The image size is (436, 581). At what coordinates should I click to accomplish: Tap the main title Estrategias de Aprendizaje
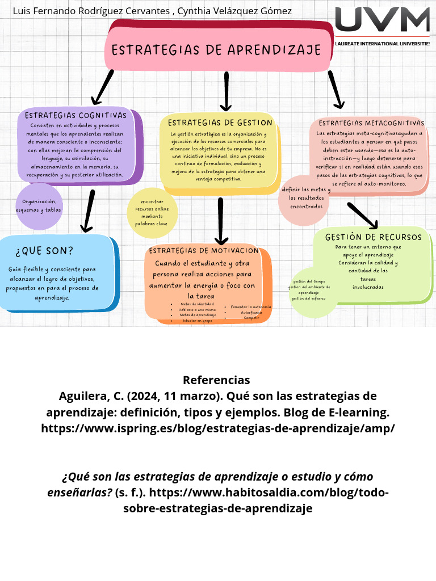coord(216,50)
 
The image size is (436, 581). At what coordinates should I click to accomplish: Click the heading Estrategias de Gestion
coord(220,123)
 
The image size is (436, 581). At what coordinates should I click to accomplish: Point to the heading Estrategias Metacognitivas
coord(371,123)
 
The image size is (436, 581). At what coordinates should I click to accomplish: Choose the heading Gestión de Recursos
coord(373,237)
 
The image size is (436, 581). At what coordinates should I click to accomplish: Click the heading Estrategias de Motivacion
coord(204,250)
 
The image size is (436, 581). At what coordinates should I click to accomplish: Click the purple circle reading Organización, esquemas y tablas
coord(39,206)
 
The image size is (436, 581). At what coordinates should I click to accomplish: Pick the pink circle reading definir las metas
coord(305,198)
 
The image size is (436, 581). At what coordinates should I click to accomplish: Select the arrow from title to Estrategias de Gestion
coord(226,91)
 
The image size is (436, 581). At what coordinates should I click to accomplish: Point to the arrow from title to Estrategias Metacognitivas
coord(336,89)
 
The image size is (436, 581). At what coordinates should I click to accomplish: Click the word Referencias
coord(216,380)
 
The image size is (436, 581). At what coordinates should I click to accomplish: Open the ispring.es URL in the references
coord(218,428)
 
